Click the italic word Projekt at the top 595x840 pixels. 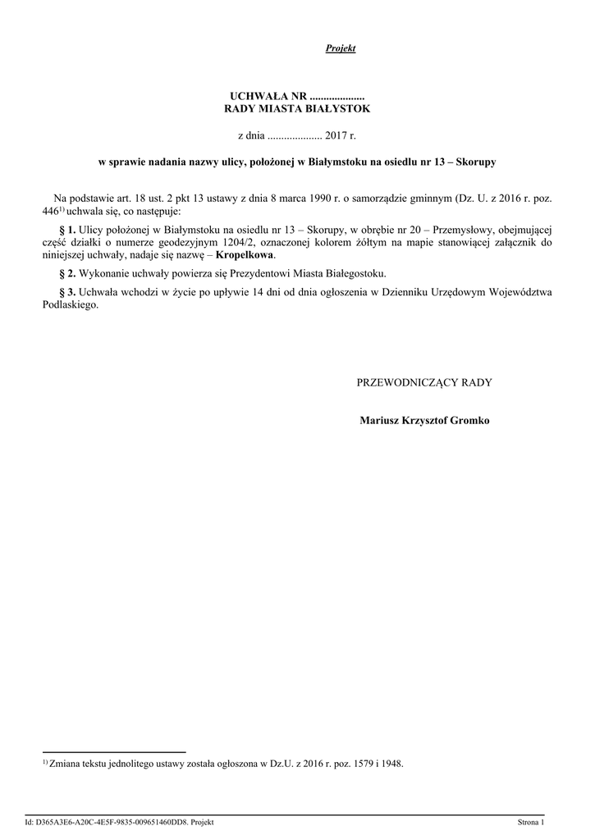(341, 48)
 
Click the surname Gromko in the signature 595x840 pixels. (466, 421)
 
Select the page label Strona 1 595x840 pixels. (531, 822)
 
